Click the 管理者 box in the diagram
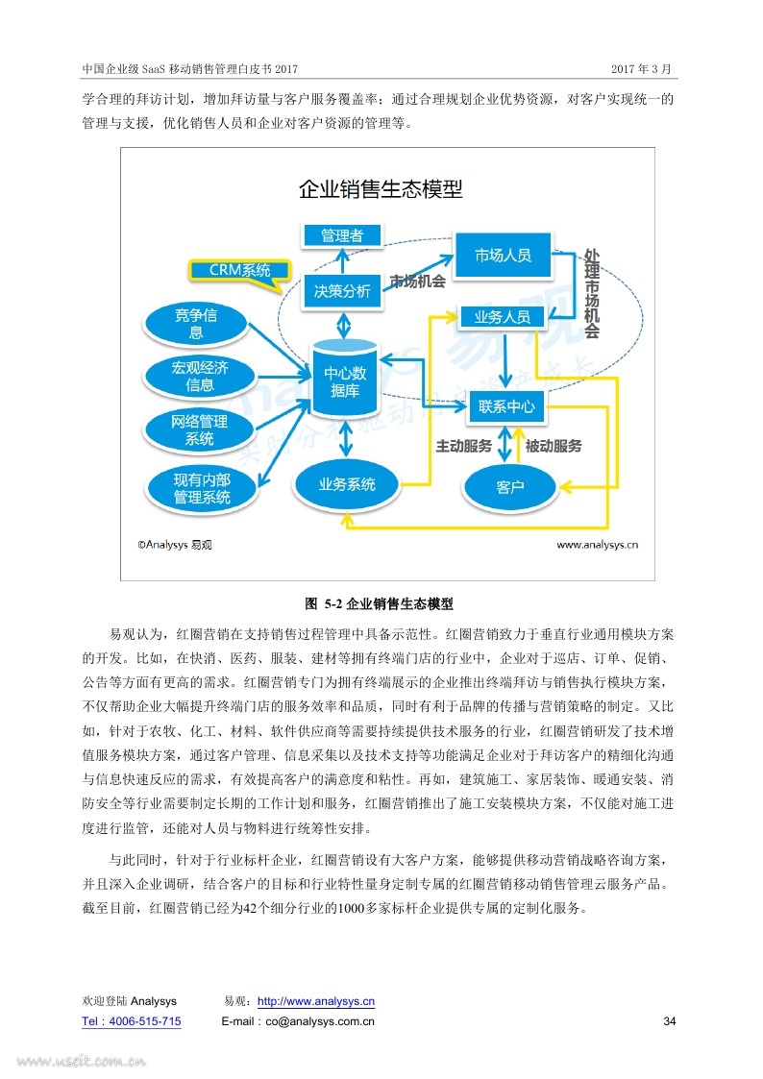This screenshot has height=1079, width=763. [342, 235]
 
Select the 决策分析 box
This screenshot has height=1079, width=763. [343, 291]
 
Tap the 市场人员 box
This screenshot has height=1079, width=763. [503, 256]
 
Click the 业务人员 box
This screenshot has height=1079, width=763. [502, 317]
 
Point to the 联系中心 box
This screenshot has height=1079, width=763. [506, 406]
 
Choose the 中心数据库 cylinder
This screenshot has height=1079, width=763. [345, 378]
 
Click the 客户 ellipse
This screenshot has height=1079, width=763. [510, 487]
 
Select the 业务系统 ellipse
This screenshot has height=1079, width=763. [347, 484]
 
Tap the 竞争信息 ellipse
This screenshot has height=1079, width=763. [196, 324]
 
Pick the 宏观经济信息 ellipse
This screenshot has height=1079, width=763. [200, 376]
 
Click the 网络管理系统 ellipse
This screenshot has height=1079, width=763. [200, 430]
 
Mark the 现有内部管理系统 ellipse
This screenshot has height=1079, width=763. [202, 488]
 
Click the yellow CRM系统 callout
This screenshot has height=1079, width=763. [239, 270]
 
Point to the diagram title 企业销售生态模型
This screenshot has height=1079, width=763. [381, 189]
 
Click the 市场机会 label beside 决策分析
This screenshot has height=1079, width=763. [418, 282]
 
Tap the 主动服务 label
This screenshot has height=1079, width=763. [464, 446]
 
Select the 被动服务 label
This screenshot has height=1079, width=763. [554, 446]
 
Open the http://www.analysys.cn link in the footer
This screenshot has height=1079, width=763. [316, 1001]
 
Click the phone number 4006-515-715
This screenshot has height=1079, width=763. [144, 1021]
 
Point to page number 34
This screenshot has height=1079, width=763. [670, 1021]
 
